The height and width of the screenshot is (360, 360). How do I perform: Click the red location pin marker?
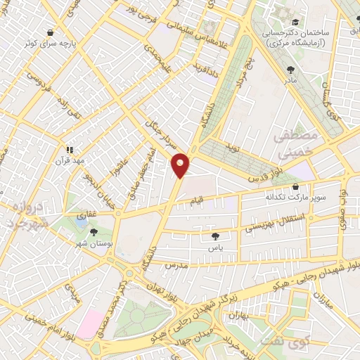click(181, 165)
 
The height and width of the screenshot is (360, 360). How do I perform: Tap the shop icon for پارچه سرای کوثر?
click(50, 32)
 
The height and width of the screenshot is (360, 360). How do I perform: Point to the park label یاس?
click(214, 247)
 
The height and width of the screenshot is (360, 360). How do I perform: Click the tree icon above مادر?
click(291, 69)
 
